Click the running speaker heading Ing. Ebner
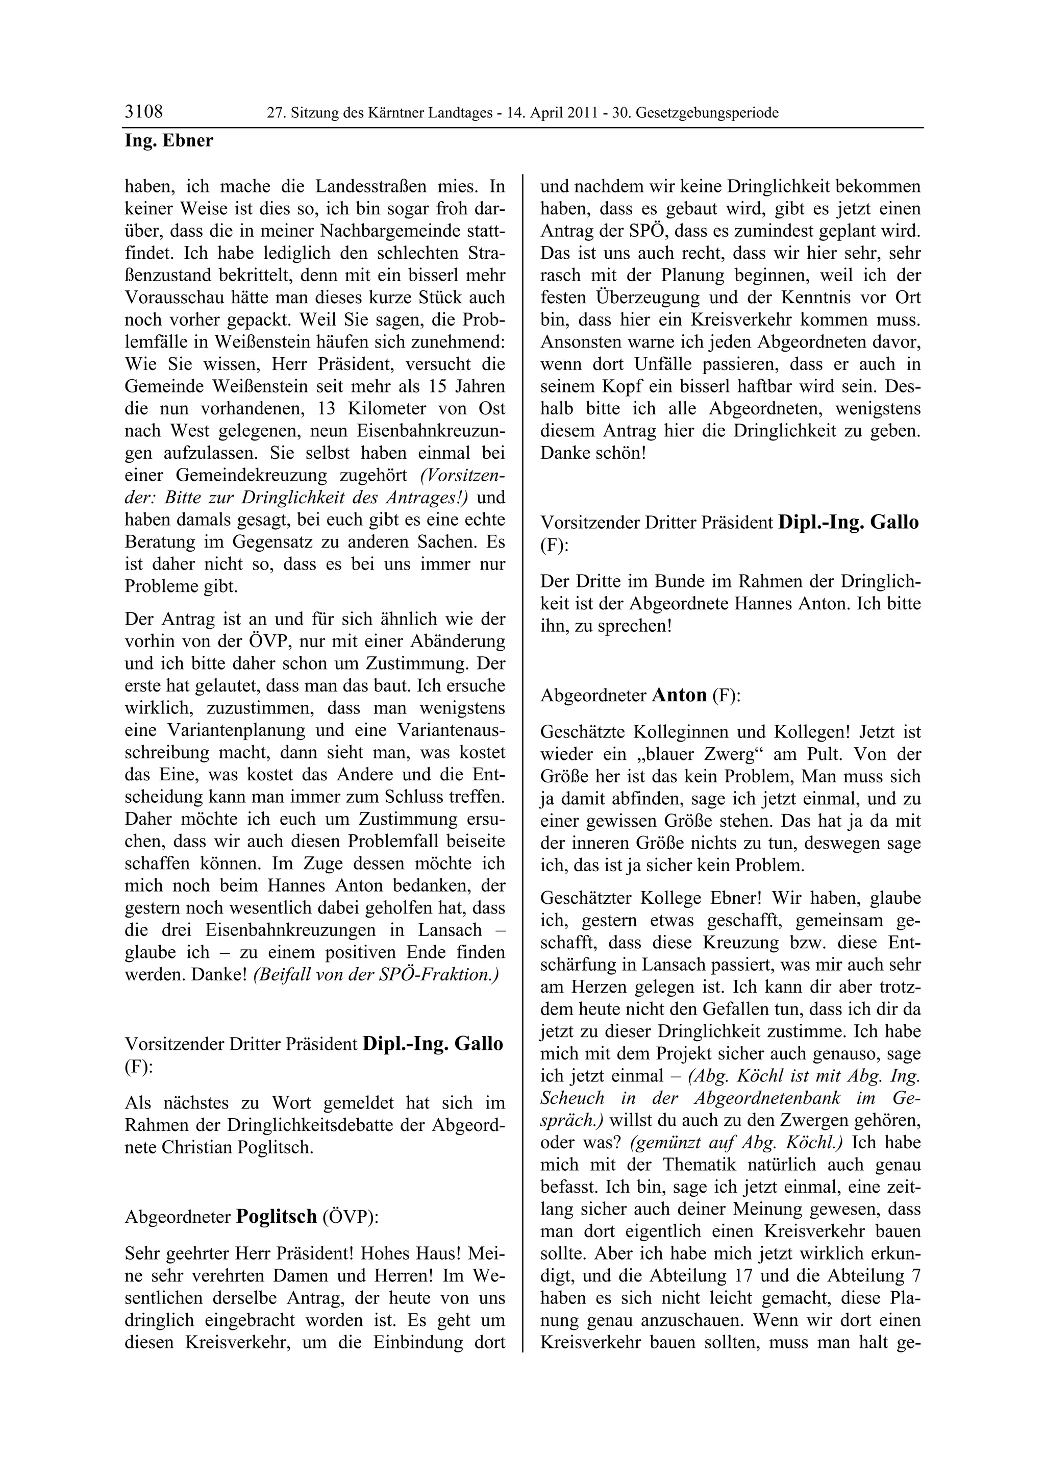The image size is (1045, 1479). point(169,140)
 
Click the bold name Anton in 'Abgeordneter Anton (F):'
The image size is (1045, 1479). point(679,695)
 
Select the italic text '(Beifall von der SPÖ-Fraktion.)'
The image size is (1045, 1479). point(377,975)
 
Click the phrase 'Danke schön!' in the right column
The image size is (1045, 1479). point(592,453)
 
